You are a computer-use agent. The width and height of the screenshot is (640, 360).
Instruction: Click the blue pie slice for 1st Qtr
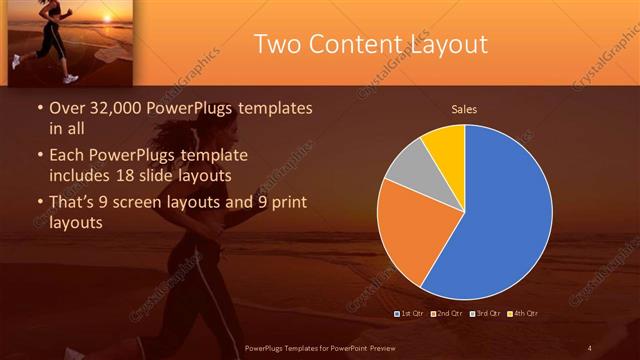pos(500,220)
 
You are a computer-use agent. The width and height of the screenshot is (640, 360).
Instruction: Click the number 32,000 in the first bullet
pos(116,108)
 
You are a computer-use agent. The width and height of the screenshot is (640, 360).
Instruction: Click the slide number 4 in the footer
pos(590,347)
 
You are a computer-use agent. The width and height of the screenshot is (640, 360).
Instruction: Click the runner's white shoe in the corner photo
pos(70,77)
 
